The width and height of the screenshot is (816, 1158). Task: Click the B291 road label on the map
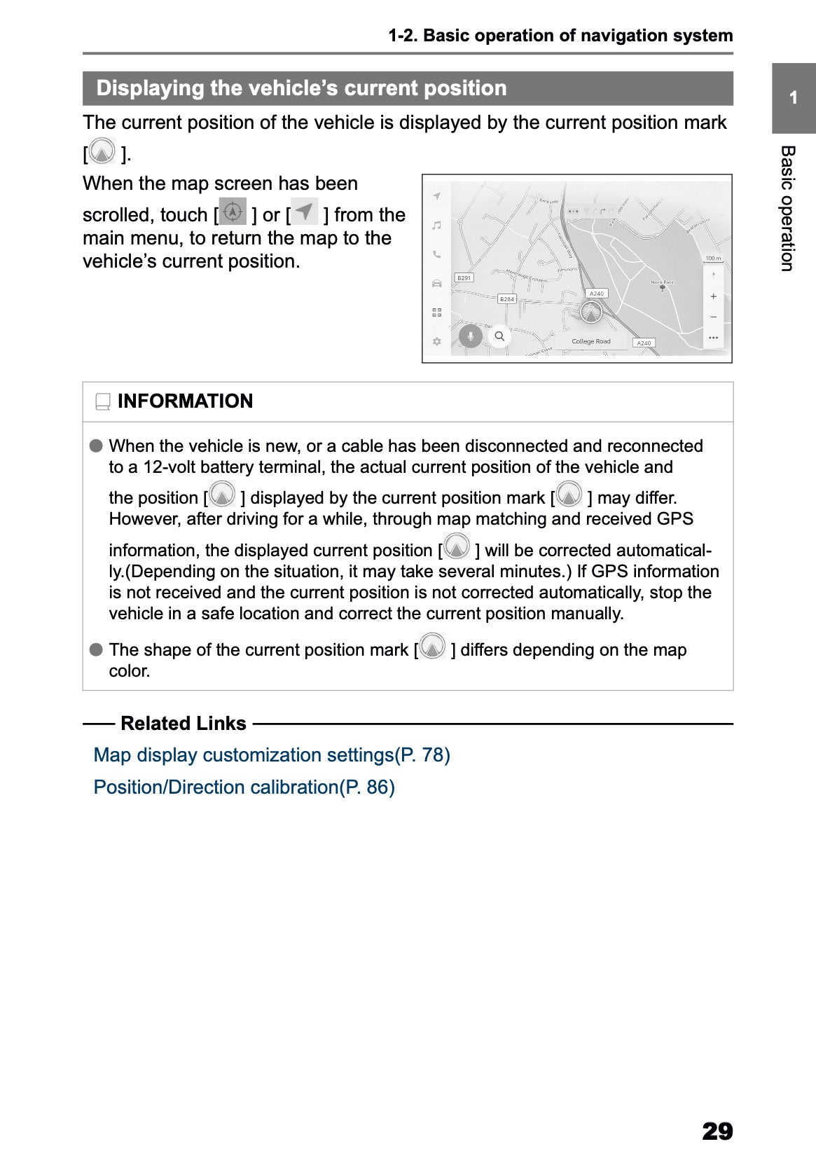point(464,278)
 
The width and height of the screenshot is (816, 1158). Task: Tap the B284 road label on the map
point(506,299)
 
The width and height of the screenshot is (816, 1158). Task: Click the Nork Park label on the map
point(662,282)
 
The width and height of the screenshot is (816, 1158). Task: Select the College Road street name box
point(591,342)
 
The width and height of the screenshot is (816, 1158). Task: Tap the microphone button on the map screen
point(471,336)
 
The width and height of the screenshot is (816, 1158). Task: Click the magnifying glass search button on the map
point(499,336)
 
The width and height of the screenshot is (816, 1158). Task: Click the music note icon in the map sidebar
point(436,226)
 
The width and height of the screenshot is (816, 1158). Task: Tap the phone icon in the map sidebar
point(436,255)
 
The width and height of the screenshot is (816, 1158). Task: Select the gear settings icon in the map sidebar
point(436,342)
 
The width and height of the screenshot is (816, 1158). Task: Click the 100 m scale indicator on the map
point(712,259)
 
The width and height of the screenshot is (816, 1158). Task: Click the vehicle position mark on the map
point(591,312)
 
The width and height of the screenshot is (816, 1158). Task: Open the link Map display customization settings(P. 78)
point(272,755)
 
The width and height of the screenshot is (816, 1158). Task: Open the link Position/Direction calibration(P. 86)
point(244,787)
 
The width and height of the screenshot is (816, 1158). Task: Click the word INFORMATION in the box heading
point(185,401)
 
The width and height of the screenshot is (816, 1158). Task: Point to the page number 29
point(717,1131)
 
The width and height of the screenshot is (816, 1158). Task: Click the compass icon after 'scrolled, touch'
point(233,212)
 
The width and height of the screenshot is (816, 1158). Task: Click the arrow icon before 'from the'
point(305,212)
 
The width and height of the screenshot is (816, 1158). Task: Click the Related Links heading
point(183,724)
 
